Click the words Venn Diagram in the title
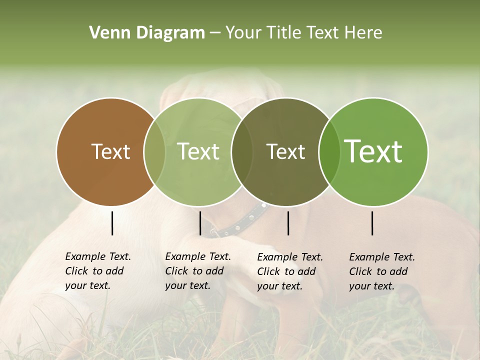coord(147,33)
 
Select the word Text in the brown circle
coord(110,151)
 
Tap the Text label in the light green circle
coord(198,151)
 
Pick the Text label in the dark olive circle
coord(285,151)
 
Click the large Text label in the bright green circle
coord(373,151)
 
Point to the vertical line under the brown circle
coord(112,223)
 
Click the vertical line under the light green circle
coord(200,223)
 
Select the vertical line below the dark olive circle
coord(288,223)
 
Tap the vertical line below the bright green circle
coord(372,223)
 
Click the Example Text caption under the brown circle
coord(98,271)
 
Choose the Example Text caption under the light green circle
coord(198,271)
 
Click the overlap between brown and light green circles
coord(154,151)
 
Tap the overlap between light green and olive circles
coord(242,151)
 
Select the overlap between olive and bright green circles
coord(329,151)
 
